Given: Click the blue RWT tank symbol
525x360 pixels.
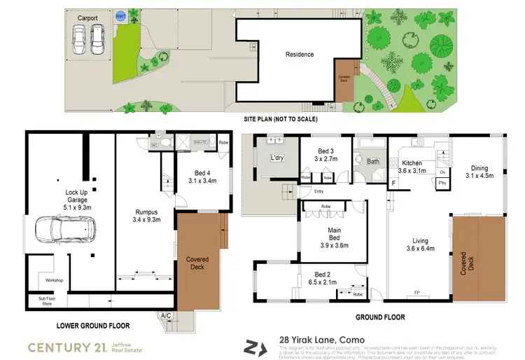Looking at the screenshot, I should (x=120, y=15).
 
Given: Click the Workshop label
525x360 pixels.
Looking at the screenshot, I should (x=54, y=281).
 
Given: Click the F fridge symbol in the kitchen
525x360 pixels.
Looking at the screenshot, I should (x=394, y=184).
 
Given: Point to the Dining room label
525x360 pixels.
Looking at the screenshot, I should (x=479, y=168).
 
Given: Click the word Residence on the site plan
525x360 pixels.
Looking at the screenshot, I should (x=300, y=55).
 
